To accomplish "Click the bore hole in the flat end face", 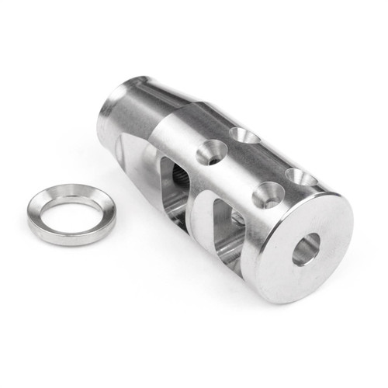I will (306, 249).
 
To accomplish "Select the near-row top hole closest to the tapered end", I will (211, 152).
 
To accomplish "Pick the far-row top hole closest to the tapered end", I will (244, 137).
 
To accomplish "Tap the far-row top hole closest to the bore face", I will (302, 178).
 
